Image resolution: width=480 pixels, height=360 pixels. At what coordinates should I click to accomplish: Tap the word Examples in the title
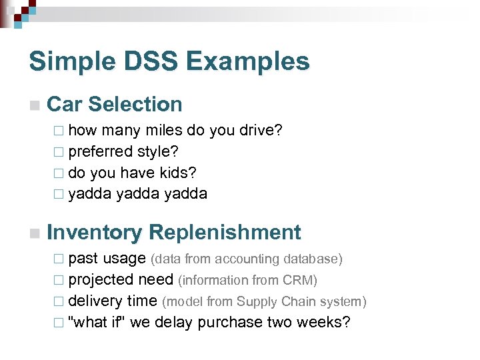coord(248,61)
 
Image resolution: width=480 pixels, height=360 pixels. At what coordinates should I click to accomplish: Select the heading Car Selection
coord(115,104)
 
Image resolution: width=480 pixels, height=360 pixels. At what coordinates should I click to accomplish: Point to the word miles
coord(163,130)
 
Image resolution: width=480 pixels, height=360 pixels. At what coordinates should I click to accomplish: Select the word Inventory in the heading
coord(94,232)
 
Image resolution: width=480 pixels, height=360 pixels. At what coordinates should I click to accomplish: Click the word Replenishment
coord(225,232)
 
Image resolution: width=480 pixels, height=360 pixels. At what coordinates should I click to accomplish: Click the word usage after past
coord(125,259)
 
